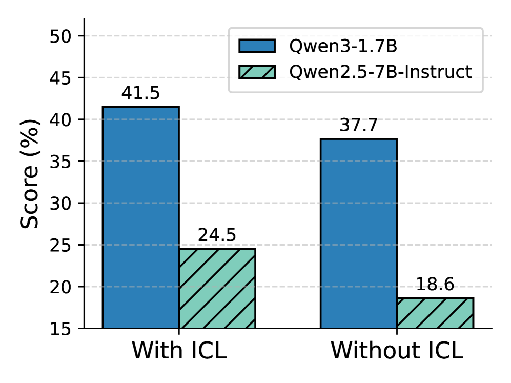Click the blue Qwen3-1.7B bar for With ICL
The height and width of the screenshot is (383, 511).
tap(140, 217)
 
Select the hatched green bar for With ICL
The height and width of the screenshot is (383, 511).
tap(217, 288)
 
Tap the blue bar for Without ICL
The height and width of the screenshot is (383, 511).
tap(358, 233)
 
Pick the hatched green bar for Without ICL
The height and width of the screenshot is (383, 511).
tap(435, 313)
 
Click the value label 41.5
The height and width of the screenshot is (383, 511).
tap(140, 93)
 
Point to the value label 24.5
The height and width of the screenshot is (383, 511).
tap(217, 235)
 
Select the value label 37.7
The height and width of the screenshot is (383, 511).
tap(358, 125)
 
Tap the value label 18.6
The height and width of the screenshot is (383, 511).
tap(435, 285)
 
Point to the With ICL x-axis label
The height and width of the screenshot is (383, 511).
tap(179, 352)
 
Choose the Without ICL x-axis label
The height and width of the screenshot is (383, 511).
tap(397, 352)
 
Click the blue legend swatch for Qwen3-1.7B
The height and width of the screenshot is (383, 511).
tap(257, 46)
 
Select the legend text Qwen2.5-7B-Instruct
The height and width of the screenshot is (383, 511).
tap(380, 72)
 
